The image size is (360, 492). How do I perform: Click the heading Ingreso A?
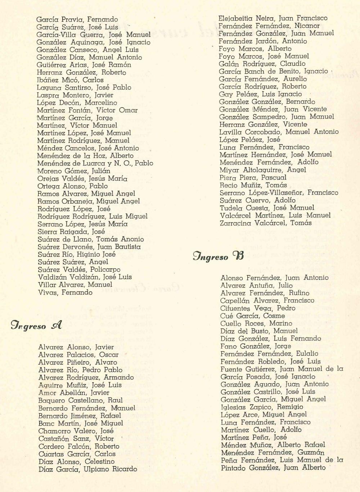pos(36,326)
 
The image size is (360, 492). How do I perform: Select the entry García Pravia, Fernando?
pos(77,19)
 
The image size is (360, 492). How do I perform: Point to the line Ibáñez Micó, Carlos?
pos(70,80)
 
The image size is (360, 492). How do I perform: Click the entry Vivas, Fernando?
pos(65,292)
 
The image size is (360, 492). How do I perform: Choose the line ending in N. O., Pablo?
pos(95,163)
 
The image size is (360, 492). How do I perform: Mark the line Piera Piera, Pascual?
pos(253,178)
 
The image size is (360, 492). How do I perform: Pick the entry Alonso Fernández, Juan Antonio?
pos(274,278)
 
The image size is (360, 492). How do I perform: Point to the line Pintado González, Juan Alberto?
pos(273,468)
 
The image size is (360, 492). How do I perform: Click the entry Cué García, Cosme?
pos(252,316)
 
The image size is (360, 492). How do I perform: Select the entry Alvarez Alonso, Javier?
pos(76,347)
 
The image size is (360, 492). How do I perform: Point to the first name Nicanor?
pos(307,26)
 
